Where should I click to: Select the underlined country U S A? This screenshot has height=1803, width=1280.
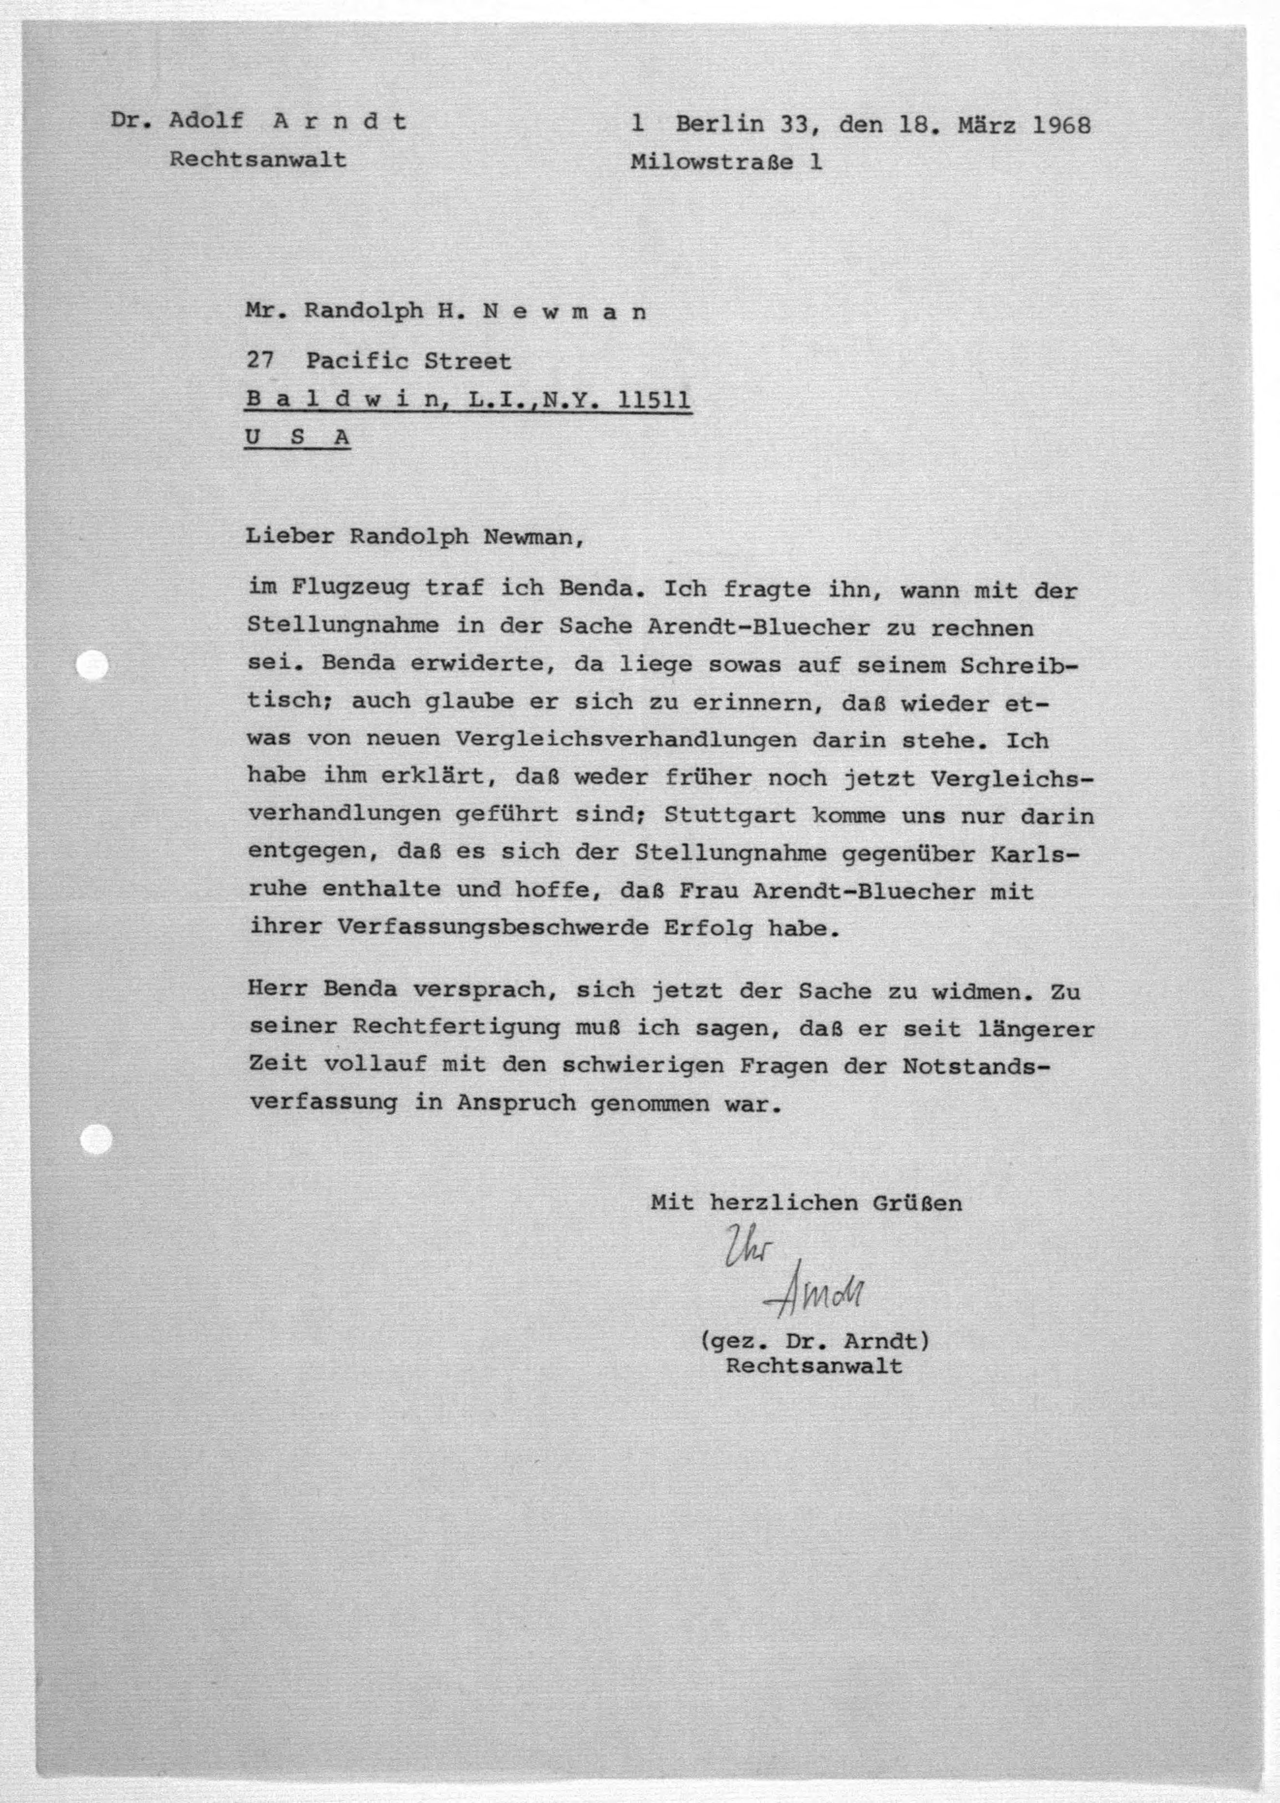(297, 437)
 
